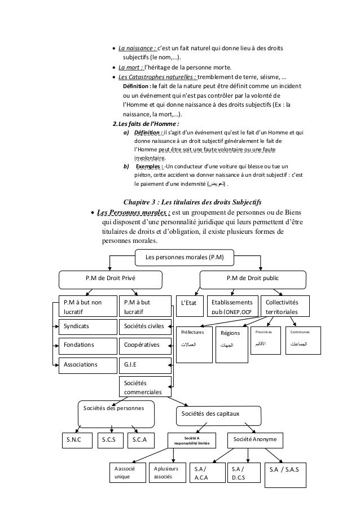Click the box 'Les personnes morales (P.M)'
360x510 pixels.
pyautogui.click(x=185, y=258)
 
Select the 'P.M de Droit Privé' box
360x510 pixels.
pyautogui.click(x=111, y=278)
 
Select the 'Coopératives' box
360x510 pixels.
pyautogui.click(x=146, y=344)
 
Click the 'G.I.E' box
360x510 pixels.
pyautogui.click(x=146, y=364)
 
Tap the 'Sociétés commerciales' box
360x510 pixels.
pyautogui.click(x=146, y=387)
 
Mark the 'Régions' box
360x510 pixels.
pyautogui.click(x=231, y=338)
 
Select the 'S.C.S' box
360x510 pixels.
pyautogui.click(x=110, y=439)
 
